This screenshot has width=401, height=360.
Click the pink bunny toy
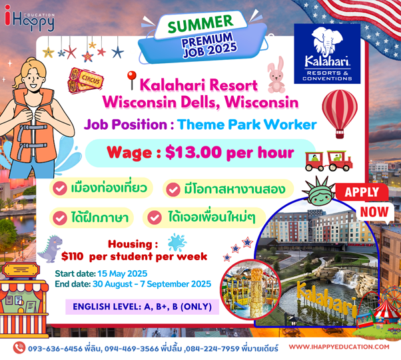276,75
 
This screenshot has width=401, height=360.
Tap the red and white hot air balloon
340,112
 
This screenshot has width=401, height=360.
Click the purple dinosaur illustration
50,249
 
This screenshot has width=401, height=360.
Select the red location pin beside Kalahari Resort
132,80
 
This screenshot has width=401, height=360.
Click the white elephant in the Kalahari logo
327,42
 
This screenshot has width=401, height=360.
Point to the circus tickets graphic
85,81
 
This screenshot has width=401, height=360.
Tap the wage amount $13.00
193,152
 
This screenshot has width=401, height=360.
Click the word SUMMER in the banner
200,24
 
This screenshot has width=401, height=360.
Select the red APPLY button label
362,192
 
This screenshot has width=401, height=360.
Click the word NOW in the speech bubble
374,212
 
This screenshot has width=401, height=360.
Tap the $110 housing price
73,256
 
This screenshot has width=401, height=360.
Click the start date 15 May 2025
123,273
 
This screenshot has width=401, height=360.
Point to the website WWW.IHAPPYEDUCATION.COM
339,347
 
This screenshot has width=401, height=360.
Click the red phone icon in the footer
19,348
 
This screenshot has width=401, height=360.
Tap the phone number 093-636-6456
55,349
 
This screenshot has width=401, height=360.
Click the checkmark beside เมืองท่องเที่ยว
60,188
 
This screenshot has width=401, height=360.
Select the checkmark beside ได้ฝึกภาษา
60,218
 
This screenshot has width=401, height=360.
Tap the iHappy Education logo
30,18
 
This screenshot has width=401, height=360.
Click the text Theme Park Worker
247,124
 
